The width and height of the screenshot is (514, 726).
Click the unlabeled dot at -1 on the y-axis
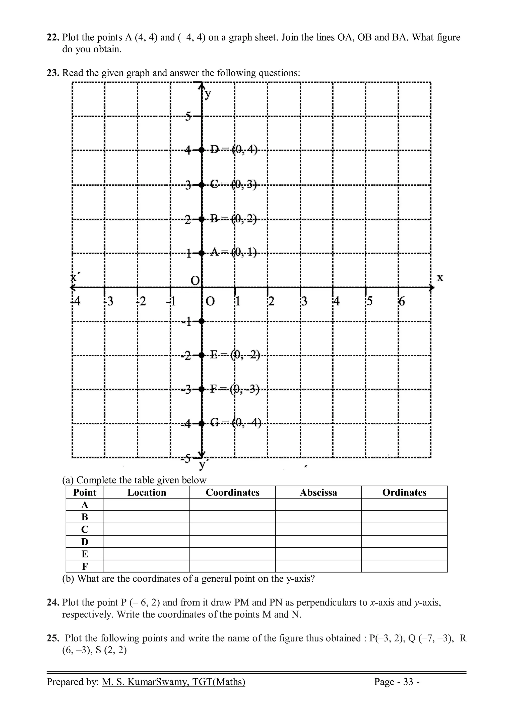coord(202,321)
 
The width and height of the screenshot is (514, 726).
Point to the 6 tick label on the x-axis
coord(402,301)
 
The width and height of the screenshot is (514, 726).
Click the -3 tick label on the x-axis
coord(109,301)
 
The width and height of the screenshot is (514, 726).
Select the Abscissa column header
coord(318,492)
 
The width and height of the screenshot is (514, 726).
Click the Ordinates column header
coord(404,492)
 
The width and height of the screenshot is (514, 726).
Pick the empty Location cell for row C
coord(147,529)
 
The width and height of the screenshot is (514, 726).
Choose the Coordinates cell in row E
coord(232,554)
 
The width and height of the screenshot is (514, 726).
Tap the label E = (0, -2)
coord(235,355)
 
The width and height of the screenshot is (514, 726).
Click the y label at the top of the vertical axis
coord(208,94)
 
